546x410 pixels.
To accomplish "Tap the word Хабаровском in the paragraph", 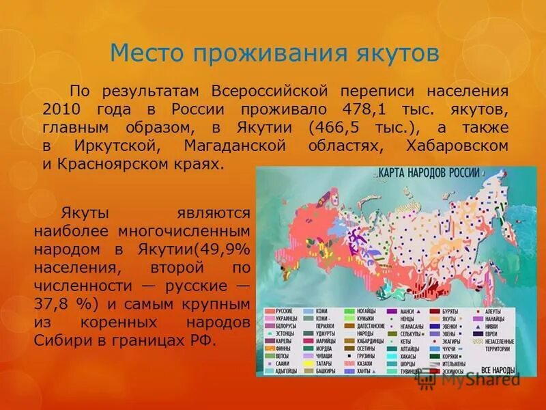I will [457, 146].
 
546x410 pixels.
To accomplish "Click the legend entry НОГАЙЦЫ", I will [369, 310].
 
